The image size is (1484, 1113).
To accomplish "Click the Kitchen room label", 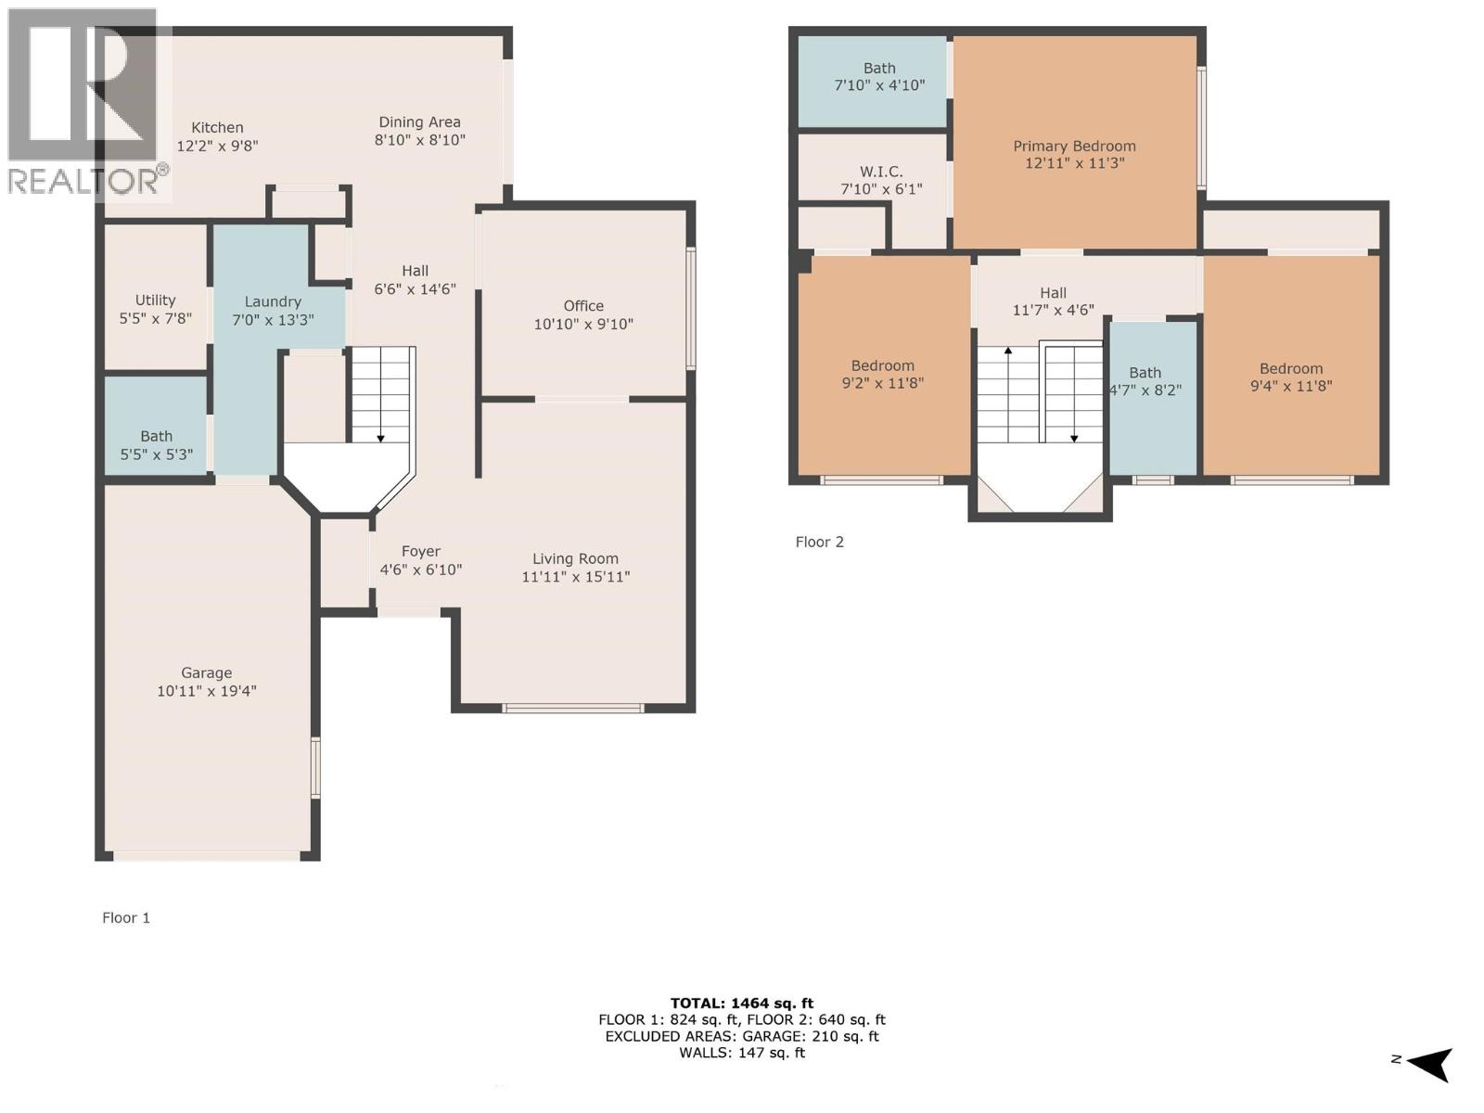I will click(217, 128).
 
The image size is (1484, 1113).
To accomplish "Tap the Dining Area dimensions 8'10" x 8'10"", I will click(420, 140).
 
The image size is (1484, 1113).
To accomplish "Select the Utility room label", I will click(155, 301).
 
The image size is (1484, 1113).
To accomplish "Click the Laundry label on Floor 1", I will click(273, 301).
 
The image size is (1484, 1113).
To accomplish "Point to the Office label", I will click(583, 306).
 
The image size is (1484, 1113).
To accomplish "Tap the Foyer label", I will click(421, 552).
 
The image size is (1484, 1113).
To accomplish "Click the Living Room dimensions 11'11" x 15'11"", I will click(576, 577).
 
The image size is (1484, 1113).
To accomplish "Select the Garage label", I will click(207, 673).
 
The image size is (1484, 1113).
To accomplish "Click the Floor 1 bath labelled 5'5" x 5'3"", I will click(157, 445).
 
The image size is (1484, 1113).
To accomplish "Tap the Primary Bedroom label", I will click(1074, 147).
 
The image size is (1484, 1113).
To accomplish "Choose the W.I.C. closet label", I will click(881, 173).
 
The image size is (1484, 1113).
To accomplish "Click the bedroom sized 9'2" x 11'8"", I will click(883, 374).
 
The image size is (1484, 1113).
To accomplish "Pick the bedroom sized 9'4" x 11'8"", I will click(1291, 377).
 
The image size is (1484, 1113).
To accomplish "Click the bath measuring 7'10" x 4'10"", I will click(879, 77).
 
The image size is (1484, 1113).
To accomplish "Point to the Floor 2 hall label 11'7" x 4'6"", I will click(1054, 301).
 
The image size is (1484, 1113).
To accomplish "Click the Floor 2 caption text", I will click(820, 542).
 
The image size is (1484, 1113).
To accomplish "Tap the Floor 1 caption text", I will click(126, 917).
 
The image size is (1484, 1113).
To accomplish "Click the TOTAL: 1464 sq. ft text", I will click(742, 1003).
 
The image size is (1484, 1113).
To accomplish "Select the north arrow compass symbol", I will click(1428, 1063).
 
